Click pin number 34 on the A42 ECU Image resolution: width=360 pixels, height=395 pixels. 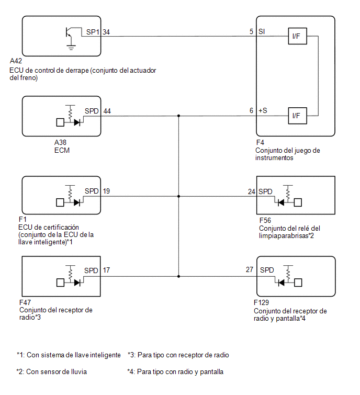pos(106,32)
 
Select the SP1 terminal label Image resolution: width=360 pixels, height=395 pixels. pos(93,32)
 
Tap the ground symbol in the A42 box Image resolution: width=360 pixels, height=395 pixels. pos(71,48)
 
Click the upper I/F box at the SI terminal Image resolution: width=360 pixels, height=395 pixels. pos(297,36)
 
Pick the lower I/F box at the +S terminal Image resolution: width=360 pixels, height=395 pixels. pos(297,116)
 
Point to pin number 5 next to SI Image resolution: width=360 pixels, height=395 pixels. pos(251,31)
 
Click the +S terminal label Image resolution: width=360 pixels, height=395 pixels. pos(263,110)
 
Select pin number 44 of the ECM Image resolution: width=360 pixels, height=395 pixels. pos(107,111)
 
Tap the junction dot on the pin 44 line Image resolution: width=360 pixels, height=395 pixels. pos(178,116)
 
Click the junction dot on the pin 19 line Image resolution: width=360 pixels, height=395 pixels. pos(178,196)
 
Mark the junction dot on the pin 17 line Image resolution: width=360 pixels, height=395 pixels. pos(178,276)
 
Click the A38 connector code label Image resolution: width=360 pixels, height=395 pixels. pos(61,143)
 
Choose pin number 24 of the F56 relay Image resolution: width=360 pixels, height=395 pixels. pos(251,191)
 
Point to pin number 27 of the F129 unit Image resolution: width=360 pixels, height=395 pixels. pos(250,269)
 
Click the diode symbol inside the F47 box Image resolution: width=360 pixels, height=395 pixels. pos(77,283)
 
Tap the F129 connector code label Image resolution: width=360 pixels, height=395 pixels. pos(261,302)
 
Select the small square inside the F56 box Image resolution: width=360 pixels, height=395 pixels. pos(298,202)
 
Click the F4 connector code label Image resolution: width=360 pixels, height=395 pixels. pos(260,143)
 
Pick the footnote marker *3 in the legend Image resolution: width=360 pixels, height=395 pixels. pos(131,355)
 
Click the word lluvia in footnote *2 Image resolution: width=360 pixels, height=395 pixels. pos(78,372)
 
